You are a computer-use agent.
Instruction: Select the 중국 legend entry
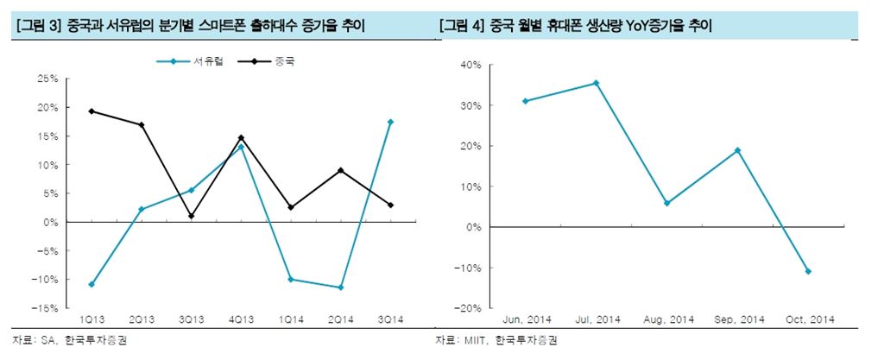(283, 62)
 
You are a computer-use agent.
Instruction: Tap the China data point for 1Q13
(92, 111)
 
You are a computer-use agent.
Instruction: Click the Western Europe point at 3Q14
(390, 122)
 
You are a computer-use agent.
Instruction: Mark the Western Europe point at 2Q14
(341, 287)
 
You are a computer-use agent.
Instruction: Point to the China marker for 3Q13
(191, 216)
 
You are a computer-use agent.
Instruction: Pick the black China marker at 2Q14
(341, 170)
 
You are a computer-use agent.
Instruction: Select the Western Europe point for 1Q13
(92, 284)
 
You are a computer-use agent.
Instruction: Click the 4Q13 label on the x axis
(241, 319)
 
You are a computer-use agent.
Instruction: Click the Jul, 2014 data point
(596, 83)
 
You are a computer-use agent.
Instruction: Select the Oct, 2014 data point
(808, 271)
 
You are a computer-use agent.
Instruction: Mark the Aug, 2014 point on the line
(666, 203)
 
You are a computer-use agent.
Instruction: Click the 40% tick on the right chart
(471, 65)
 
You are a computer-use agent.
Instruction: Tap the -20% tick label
(470, 308)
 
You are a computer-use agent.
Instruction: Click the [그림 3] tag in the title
(37, 27)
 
